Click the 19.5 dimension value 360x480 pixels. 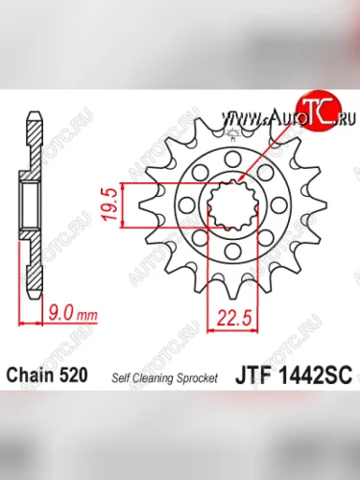coord(108,204)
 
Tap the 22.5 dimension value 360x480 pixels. coord(232,317)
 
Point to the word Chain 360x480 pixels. coord(30,374)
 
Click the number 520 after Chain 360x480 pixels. coord(72,374)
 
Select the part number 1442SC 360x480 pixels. coord(316,374)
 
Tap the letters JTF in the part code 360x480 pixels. coord(255,374)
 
